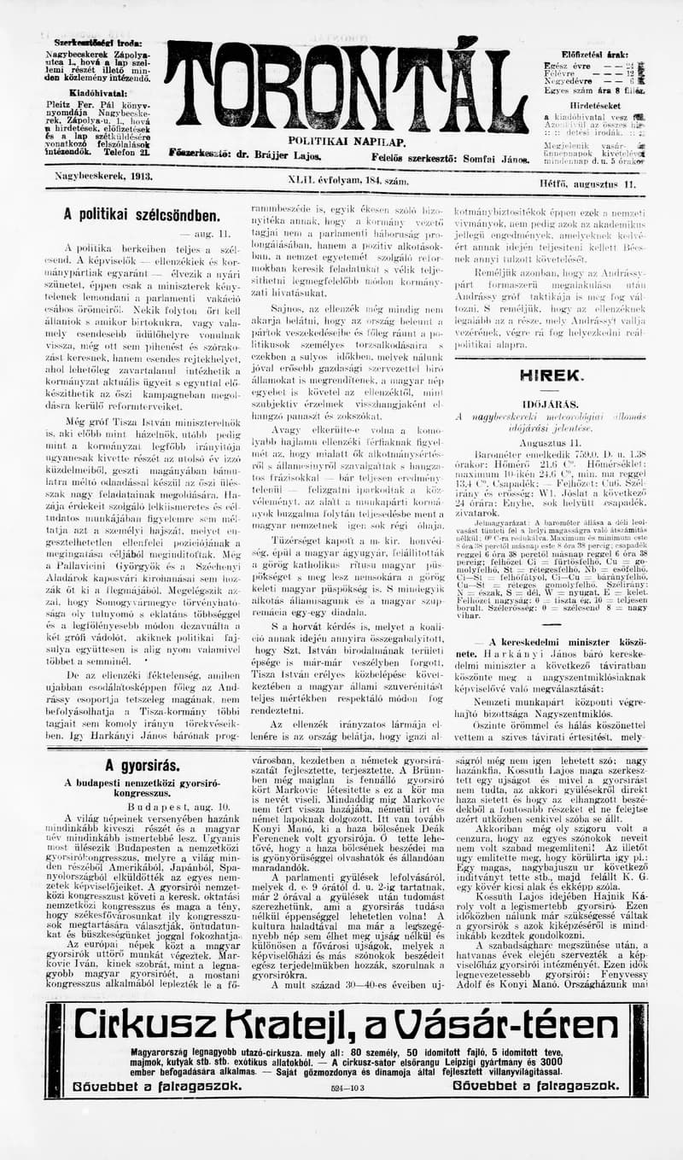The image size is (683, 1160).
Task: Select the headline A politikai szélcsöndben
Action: [142, 216]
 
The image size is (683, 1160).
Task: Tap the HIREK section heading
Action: [552, 375]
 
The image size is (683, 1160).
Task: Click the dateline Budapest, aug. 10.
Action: [141, 806]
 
